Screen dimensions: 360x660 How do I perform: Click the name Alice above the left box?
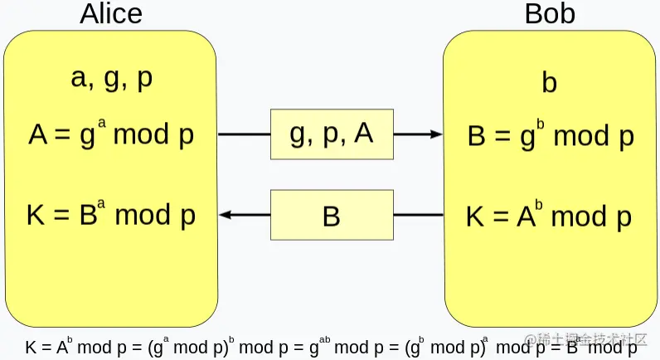[x=111, y=14]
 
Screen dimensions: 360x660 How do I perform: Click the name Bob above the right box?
[x=550, y=14]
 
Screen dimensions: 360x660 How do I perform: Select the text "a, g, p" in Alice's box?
[x=111, y=79]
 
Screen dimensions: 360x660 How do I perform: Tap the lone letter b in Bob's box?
[x=549, y=84]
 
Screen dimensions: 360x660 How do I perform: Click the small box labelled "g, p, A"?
[x=331, y=134]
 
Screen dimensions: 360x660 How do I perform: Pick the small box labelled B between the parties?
[x=331, y=216]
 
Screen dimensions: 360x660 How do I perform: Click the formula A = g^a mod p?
[x=111, y=134]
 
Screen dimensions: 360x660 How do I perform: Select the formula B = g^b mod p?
[x=550, y=135]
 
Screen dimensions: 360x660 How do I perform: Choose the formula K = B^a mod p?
[x=111, y=215]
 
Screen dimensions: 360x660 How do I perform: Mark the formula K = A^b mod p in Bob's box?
[x=549, y=216]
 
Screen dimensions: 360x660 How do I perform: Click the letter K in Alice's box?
[x=35, y=216]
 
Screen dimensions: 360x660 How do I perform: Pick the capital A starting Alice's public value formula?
[x=38, y=134]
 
